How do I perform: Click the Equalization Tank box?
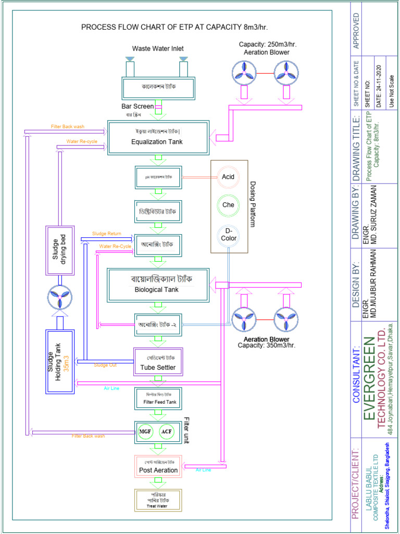[x=158, y=138]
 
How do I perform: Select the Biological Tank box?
[x=158, y=285]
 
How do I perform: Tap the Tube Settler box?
[x=158, y=362]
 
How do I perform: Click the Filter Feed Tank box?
[x=158, y=398]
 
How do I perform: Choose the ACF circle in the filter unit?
[x=167, y=432]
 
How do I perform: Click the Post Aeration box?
[x=158, y=467]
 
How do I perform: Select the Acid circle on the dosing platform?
[x=228, y=177]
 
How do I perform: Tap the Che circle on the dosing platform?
[x=228, y=205]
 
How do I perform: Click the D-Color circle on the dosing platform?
[x=228, y=235]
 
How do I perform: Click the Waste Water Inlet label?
[x=157, y=48]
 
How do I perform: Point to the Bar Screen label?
[x=137, y=106]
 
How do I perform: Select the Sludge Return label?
[x=107, y=234]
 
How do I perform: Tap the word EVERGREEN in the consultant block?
[x=369, y=378]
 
